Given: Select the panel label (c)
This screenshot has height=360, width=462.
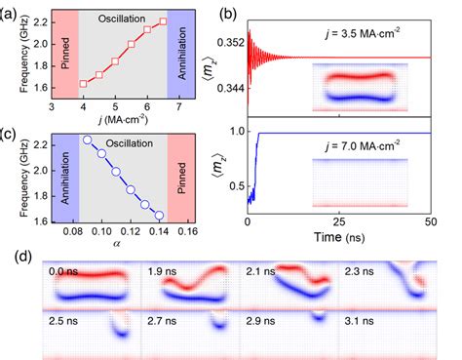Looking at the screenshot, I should click(13, 132).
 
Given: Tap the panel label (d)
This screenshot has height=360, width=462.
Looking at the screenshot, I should click(13, 253).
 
